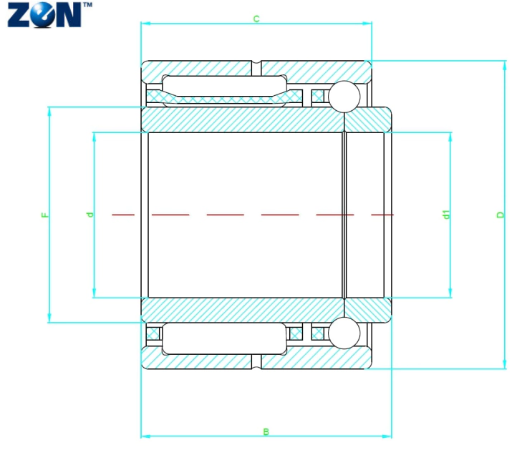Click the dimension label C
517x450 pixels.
tap(256, 19)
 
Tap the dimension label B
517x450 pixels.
tap(266, 431)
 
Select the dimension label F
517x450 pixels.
tap(45, 215)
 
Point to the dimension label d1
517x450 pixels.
tap(446, 215)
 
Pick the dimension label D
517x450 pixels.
tap(501, 215)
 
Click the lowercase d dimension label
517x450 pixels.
tap(90, 215)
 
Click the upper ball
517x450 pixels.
tap(344, 97)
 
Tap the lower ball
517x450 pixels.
tap(344, 333)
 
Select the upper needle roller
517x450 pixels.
tap(225, 91)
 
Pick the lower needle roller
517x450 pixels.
tap(225, 338)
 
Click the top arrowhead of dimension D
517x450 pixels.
tap(504, 65)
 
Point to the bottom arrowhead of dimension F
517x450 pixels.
tap(49, 318)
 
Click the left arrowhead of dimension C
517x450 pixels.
tap(145, 24)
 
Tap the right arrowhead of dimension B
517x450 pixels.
tap(387, 436)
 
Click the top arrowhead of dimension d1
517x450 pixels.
tap(450, 137)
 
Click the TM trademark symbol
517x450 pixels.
tap(87, 5)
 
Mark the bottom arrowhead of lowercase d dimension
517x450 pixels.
tap(94, 293)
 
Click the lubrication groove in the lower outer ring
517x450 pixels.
tap(256, 362)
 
